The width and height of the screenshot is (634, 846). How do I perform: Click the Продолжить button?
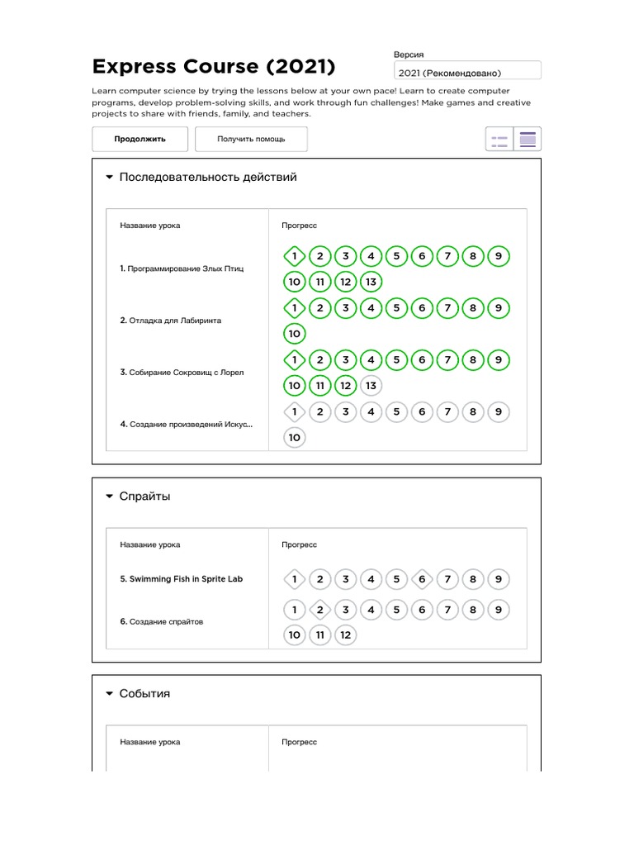pyautogui.click(x=140, y=139)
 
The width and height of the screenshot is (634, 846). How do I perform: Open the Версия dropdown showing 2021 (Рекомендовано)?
pyautogui.click(x=467, y=73)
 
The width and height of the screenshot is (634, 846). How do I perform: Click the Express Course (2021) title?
pyautogui.click(x=214, y=66)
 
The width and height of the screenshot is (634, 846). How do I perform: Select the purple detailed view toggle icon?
pyautogui.click(x=528, y=139)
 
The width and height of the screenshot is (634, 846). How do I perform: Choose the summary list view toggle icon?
pyautogui.click(x=499, y=139)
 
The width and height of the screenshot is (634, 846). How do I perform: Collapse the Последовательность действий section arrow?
pyautogui.click(x=109, y=178)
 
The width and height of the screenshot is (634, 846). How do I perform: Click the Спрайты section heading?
pyautogui.click(x=145, y=497)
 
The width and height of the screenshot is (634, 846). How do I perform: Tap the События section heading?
pyautogui.click(x=145, y=694)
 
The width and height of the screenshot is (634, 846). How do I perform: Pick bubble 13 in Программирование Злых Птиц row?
pyautogui.click(x=371, y=282)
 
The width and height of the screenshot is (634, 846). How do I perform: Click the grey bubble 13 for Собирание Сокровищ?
pyautogui.click(x=371, y=385)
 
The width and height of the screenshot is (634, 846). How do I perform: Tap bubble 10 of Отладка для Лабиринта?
pyautogui.click(x=295, y=334)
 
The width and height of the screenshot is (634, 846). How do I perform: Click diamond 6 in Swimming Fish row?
pyautogui.click(x=422, y=579)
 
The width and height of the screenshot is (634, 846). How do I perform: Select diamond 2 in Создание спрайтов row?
pyautogui.click(x=320, y=610)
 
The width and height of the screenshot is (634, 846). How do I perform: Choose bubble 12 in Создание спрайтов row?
pyautogui.click(x=346, y=635)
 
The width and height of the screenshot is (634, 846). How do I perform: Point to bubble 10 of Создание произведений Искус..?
pyautogui.click(x=295, y=437)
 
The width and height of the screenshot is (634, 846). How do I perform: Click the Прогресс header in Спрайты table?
pyautogui.click(x=299, y=545)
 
